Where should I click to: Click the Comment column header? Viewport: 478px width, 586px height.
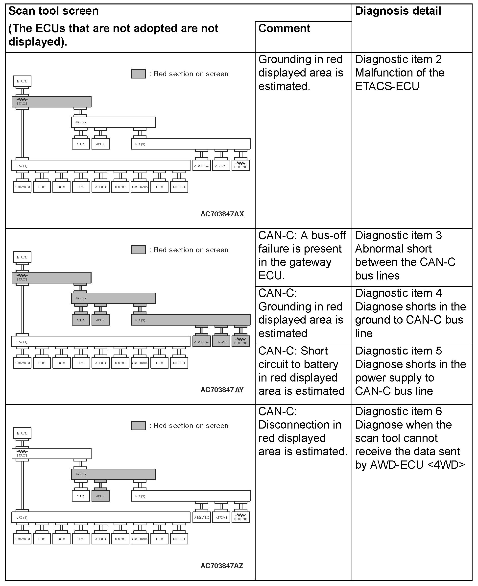pyautogui.click(x=284, y=28)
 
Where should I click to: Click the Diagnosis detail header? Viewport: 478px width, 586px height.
pyautogui.click(x=398, y=11)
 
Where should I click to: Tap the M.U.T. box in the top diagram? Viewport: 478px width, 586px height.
pyautogui.click(x=22, y=81)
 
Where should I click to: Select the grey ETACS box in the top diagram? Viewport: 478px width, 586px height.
pyautogui.click(x=51, y=102)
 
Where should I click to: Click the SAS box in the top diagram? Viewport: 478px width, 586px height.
pyautogui.click(x=81, y=144)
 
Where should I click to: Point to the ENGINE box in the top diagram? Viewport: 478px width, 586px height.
pyautogui.click(x=241, y=166)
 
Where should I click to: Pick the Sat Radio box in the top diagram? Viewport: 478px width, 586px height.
pyautogui.click(x=140, y=187)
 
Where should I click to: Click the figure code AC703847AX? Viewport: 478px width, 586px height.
pyautogui.click(x=222, y=214)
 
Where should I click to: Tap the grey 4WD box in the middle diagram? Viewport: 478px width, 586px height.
pyautogui.click(x=100, y=320)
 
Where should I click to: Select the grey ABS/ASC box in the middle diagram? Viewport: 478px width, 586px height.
pyautogui.click(x=202, y=342)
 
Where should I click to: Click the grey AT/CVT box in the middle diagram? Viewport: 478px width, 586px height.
pyautogui.click(x=221, y=342)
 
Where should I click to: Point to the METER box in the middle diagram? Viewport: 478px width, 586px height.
pyautogui.click(x=179, y=363)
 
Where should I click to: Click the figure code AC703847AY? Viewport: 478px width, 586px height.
pyautogui.click(x=222, y=390)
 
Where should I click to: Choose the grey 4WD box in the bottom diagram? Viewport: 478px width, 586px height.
pyautogui.click(x=100, y=496)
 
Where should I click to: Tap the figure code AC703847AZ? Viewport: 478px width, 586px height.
pyautogui.click(x=222, y=566)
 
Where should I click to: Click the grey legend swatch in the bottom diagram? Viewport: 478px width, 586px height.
pyautogui.click(x=138, y=426)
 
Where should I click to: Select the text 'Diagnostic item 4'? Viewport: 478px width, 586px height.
pyautogui.click(x=398, y=293)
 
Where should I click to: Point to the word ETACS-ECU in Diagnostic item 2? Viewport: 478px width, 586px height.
pyautogui.click(x=387, y=86)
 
